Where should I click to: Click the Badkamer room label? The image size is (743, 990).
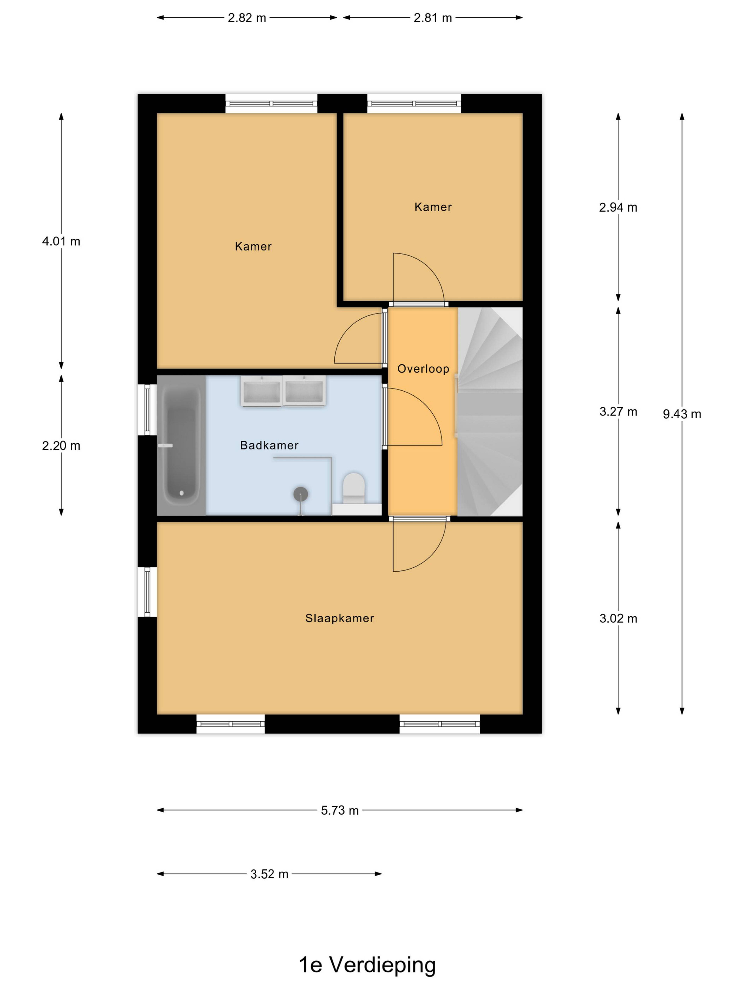269,445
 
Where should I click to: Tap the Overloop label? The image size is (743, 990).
423,369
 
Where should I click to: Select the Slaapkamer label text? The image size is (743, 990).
340,618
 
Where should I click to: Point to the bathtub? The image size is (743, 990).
181,445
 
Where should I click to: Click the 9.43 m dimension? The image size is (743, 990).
682,414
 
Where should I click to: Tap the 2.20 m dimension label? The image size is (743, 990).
61,446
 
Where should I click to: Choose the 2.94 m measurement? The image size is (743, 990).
618,207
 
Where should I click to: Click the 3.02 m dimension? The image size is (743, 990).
618,619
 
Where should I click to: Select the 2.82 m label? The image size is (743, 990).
247,18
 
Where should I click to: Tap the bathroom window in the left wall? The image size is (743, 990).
147,410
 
